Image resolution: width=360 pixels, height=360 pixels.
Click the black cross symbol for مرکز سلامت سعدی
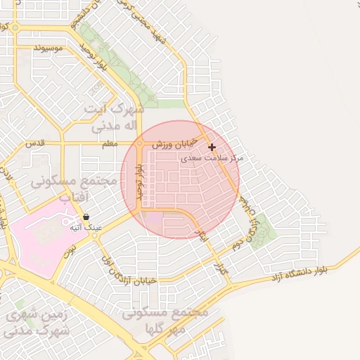212,147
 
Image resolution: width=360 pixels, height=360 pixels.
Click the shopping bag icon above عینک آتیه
86,217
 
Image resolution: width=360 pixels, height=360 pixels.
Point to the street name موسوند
48,48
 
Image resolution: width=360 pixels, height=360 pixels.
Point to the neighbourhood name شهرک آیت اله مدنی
114,117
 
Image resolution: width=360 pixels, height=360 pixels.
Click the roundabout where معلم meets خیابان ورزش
140,143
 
